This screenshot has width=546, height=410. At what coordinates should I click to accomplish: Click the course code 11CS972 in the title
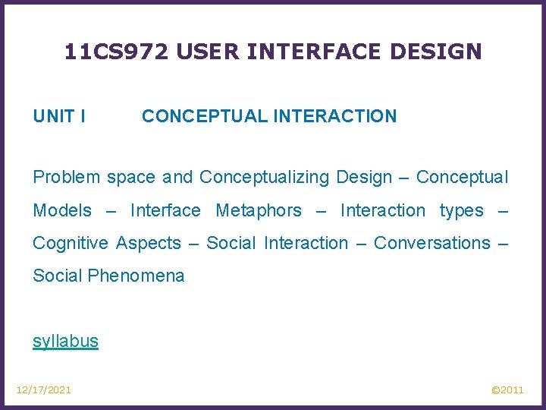[x=115, y=52]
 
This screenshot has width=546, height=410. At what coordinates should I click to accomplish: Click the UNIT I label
[x=59, y=116]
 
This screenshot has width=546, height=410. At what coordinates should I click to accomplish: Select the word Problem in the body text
[x=67, y=178]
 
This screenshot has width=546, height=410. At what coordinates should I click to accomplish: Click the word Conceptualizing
[x=265, y=178]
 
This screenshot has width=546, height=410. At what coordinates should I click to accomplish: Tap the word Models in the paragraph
[x=62, y=210]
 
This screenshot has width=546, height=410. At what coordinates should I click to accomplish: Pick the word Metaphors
[x=259, y=210]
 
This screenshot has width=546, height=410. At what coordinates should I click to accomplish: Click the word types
[x=461, y=210]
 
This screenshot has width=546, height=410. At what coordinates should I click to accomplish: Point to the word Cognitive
[x=70, y=243]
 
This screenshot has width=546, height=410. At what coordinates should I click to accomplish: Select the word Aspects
[x=149, y=243]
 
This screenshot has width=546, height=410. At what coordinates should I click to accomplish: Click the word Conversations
[x=432, y=243]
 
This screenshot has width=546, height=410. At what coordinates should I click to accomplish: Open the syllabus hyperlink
[x=65, y=341]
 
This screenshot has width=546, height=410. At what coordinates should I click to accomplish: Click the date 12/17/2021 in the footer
[x=44, y=389]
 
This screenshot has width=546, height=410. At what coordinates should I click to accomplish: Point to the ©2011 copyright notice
[x=507, y=389]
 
